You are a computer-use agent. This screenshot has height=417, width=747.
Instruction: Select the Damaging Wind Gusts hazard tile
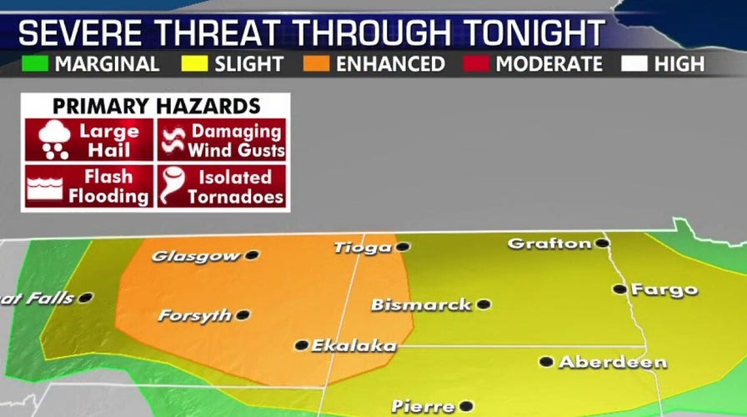(x=222, y=140)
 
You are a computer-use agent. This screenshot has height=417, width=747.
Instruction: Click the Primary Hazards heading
(x=156, y=106)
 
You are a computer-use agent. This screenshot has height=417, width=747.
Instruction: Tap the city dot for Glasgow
(x=251, y=254)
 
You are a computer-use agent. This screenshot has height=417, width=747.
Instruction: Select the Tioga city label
(x=362, y=247)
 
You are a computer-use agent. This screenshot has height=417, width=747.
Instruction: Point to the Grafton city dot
(x=601, y=244)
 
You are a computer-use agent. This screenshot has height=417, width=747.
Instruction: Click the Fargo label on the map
(x=664, y=290)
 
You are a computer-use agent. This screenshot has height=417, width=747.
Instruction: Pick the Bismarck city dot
(x=483, y=304)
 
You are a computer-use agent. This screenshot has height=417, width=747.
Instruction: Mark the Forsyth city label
(x=194, y=316)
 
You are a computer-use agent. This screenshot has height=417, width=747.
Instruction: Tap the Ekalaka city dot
(x=301, y=344)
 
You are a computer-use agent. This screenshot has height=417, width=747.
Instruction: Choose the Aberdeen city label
(x=613, y=362)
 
